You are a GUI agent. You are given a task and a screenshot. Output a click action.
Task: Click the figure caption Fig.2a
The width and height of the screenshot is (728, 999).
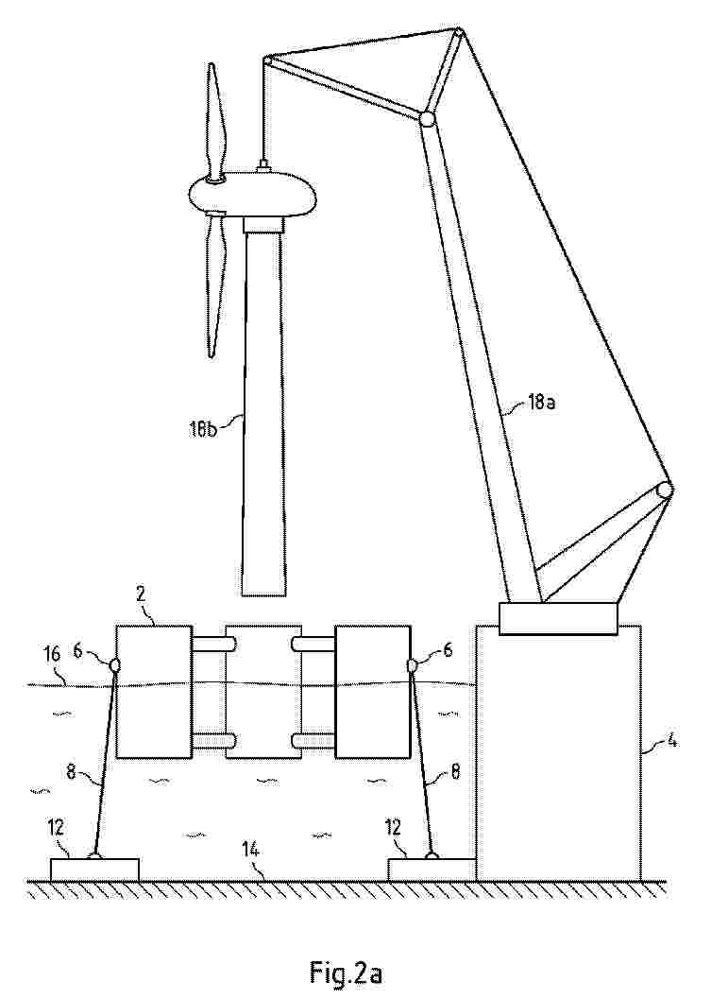(346, 972)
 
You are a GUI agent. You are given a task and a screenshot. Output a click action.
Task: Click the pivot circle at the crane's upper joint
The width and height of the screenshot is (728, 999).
(427, 119)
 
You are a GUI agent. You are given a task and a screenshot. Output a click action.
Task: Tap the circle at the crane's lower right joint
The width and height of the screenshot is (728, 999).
(665, 491)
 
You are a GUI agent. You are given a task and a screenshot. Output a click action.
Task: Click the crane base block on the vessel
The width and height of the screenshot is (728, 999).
(558, 618)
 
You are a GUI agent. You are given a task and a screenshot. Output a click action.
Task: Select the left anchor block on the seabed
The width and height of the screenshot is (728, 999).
(94, 869)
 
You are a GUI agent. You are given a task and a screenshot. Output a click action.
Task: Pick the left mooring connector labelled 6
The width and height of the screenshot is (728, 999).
(115, 665)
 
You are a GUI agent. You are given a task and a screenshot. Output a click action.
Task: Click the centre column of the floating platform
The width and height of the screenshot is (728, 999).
(263, 690)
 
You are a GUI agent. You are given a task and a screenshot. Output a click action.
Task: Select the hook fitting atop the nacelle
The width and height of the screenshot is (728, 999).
(264, 166)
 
